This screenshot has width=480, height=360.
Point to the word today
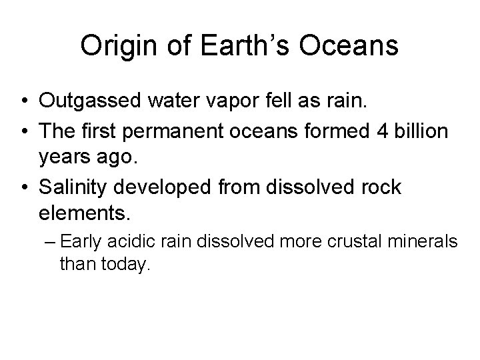(x=126, y=264)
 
